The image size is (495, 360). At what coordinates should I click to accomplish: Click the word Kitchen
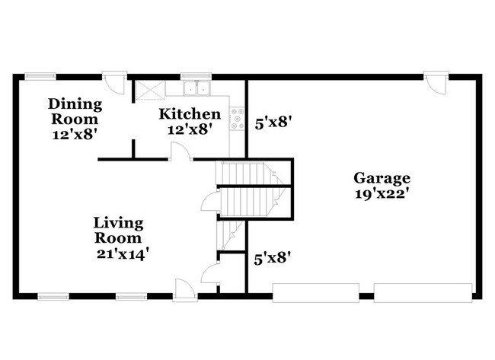pyautogui.click(x=190, y=114)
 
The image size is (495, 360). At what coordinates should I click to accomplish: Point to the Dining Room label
pyautogui.click(x=74, y=111)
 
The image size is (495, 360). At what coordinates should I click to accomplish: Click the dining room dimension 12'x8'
pyautogui.click(x=74, y=133)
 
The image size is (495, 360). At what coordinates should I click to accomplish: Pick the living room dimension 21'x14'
pyautogui.click(x=119, y=253)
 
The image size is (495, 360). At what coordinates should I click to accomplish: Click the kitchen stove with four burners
pyautogui.click(x=238, y=118)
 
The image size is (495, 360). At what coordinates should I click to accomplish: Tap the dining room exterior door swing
pyautogui.click(x=115, y=81)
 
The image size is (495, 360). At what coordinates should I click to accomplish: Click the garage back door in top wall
pyautogui.click(x=434, y=82)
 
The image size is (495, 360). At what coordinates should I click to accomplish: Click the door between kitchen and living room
pyautogui.click(x=180, y=152)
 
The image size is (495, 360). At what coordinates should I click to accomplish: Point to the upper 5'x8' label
pyautogui.click(x=273, y=120)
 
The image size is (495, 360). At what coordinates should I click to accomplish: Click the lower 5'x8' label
pyautogui.click(x=273, y=259)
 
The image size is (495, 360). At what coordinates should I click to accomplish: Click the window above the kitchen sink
pyautogui.click(x=190, y=75)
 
